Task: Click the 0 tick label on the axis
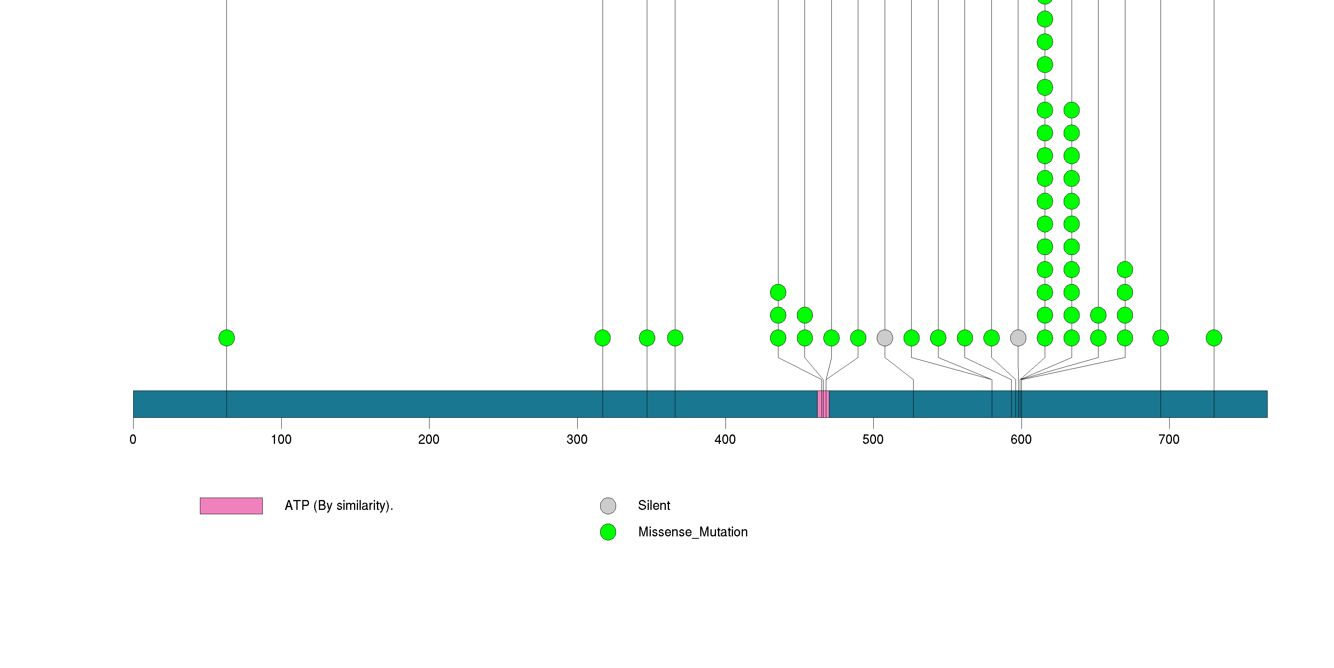(133, 440)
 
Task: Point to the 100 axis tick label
(281, 440)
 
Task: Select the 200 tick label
(429, 440)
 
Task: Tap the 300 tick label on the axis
(577, 440)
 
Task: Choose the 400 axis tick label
(725, 440)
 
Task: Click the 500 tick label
(873, 440)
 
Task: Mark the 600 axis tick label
(1021, 440)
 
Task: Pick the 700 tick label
(1169, 440)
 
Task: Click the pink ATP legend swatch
(231, 506)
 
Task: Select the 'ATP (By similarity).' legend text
(339, 506)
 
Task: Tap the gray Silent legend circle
(608, 506)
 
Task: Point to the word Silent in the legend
(654, 506)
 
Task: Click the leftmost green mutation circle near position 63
(227, 338)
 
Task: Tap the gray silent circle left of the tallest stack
(1018, 338)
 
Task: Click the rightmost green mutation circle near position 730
(1214, 338)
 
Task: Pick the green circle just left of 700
(1161, 338)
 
